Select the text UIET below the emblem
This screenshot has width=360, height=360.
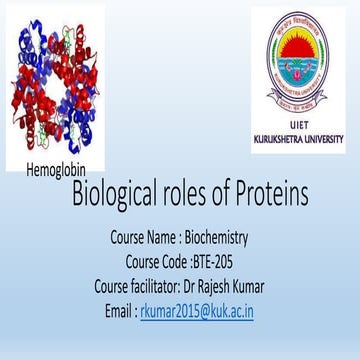coord(299,124)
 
